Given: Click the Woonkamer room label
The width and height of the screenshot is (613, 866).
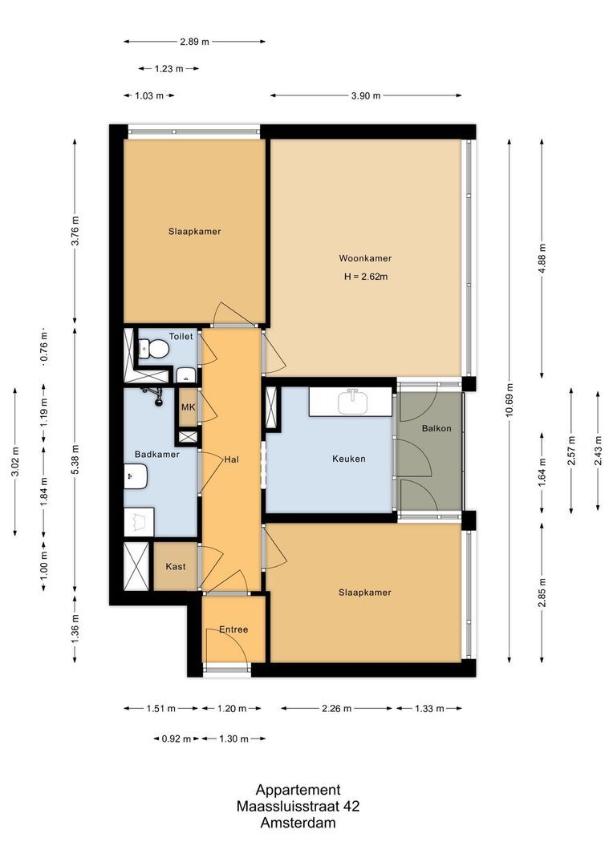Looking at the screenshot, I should point(365,258).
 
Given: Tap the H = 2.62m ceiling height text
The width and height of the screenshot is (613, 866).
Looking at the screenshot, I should point(365,277).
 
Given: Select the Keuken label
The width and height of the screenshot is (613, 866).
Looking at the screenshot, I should point(349,459).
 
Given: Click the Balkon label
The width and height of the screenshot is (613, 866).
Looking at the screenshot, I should point(436,428).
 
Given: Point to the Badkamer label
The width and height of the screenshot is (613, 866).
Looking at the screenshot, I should point(156,454).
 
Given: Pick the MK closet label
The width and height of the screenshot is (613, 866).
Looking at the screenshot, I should point(188,407).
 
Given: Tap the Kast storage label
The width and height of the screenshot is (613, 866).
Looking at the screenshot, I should point(176,566).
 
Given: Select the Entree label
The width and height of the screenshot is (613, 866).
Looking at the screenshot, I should point(233,629).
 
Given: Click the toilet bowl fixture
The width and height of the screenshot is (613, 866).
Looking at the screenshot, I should point(156,349).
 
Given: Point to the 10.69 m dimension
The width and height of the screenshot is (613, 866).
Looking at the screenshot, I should point(509,400).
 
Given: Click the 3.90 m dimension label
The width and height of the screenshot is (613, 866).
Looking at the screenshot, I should point(365,95).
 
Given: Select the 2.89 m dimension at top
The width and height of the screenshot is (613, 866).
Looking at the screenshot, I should point(194,41).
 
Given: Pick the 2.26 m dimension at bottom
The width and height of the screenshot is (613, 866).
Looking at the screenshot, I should point(337,708).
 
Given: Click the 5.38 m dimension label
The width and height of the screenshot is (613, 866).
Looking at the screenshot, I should point(75,459).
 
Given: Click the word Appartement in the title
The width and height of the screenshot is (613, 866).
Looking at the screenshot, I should point(298,789).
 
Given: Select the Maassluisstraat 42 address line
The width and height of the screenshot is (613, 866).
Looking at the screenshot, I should point(298,806).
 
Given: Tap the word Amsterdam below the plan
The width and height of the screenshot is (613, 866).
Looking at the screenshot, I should point(298,823).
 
